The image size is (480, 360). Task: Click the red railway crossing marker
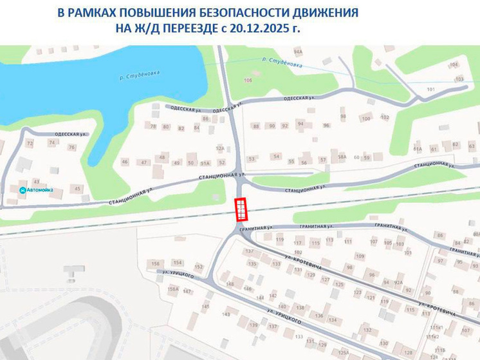click(x=240, y=209)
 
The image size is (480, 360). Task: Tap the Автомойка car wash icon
click(x=23, y=190)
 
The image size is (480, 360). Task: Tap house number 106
click(x=248, y=80)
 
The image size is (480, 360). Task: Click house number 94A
click(x=297, y=51)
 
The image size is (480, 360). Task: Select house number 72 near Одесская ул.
click(x=29, y=142)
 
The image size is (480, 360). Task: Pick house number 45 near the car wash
click(x=78, y=188)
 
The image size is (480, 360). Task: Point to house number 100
click(x=366, y=118)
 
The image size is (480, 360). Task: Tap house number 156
click(x=155, y=264)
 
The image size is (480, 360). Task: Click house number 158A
click(x=172, y=289)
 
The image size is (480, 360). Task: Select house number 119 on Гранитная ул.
click(x=279, y=240)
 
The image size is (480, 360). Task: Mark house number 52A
click(x=220, y=149)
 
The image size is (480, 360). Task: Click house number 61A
click(x=418, y=149)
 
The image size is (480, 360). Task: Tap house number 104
click(x=454, y=64)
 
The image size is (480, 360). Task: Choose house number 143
click(x=226, y=314)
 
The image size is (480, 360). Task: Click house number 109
click(x=360, y=256)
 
